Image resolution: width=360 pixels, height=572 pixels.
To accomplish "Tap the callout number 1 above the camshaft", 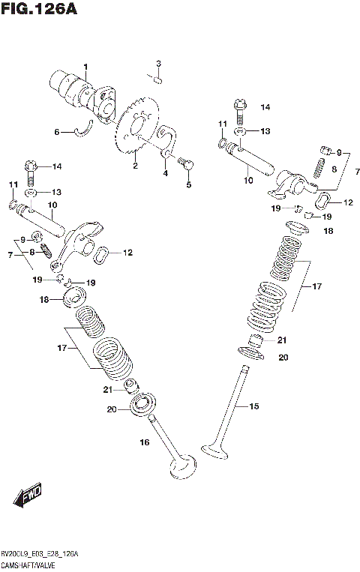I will click(85, 67).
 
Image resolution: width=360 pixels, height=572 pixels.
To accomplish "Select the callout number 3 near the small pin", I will click(158, 62).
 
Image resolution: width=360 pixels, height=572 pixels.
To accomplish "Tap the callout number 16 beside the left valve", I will click(145, 443).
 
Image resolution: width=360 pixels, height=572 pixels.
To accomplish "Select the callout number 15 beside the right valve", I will click(253, 406).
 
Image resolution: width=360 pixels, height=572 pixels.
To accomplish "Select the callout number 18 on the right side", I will click(328, 232).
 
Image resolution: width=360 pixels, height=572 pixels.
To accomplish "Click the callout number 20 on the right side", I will click(283, 358).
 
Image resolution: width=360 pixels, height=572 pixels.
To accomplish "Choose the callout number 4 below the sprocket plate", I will click(165, 173).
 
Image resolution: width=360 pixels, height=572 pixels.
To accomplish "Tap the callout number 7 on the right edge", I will click(357, 172).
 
